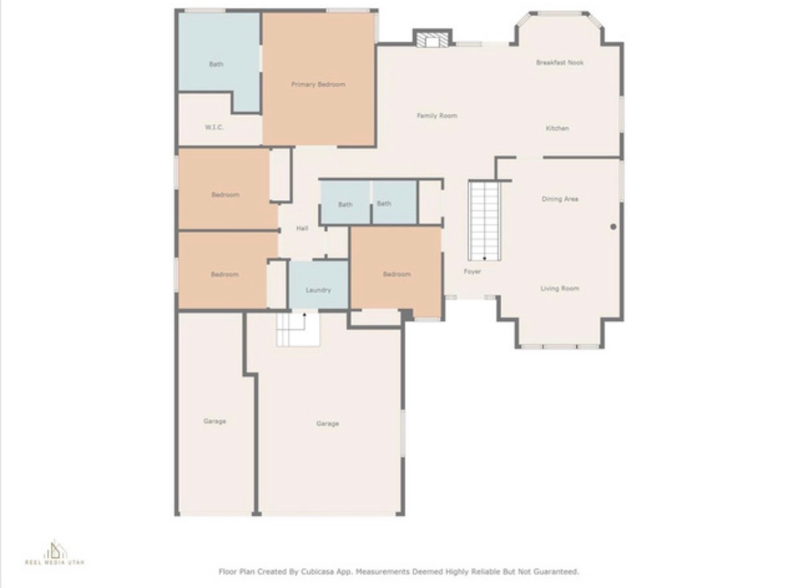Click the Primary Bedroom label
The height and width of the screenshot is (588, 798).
click(x=318, y=85)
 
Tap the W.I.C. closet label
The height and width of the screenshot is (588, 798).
click(x=214, y=127)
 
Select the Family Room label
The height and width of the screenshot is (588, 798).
click(x=437, y=116)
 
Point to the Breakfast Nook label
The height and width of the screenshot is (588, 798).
click(x=560, y=63)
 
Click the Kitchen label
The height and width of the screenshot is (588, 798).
click(x=557, y=128)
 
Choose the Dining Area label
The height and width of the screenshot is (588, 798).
click(x=560, y=199)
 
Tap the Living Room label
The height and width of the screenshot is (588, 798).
click(x=560, y=289)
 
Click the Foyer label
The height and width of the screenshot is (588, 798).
click(x=472, y=271)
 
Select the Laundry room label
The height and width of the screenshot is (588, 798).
click(x=318, y=290)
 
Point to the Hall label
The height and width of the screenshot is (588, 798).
click(x=302, y=228)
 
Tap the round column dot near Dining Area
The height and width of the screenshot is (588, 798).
click(x=613, y=226)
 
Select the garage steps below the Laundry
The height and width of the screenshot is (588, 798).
click(x=298, y=329)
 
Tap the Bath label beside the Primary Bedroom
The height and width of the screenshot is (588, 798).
click(x=216, y=64)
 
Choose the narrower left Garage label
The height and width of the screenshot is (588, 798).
click(x=214, y=421)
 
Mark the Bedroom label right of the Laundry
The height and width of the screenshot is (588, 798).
click(x=396, y=274)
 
